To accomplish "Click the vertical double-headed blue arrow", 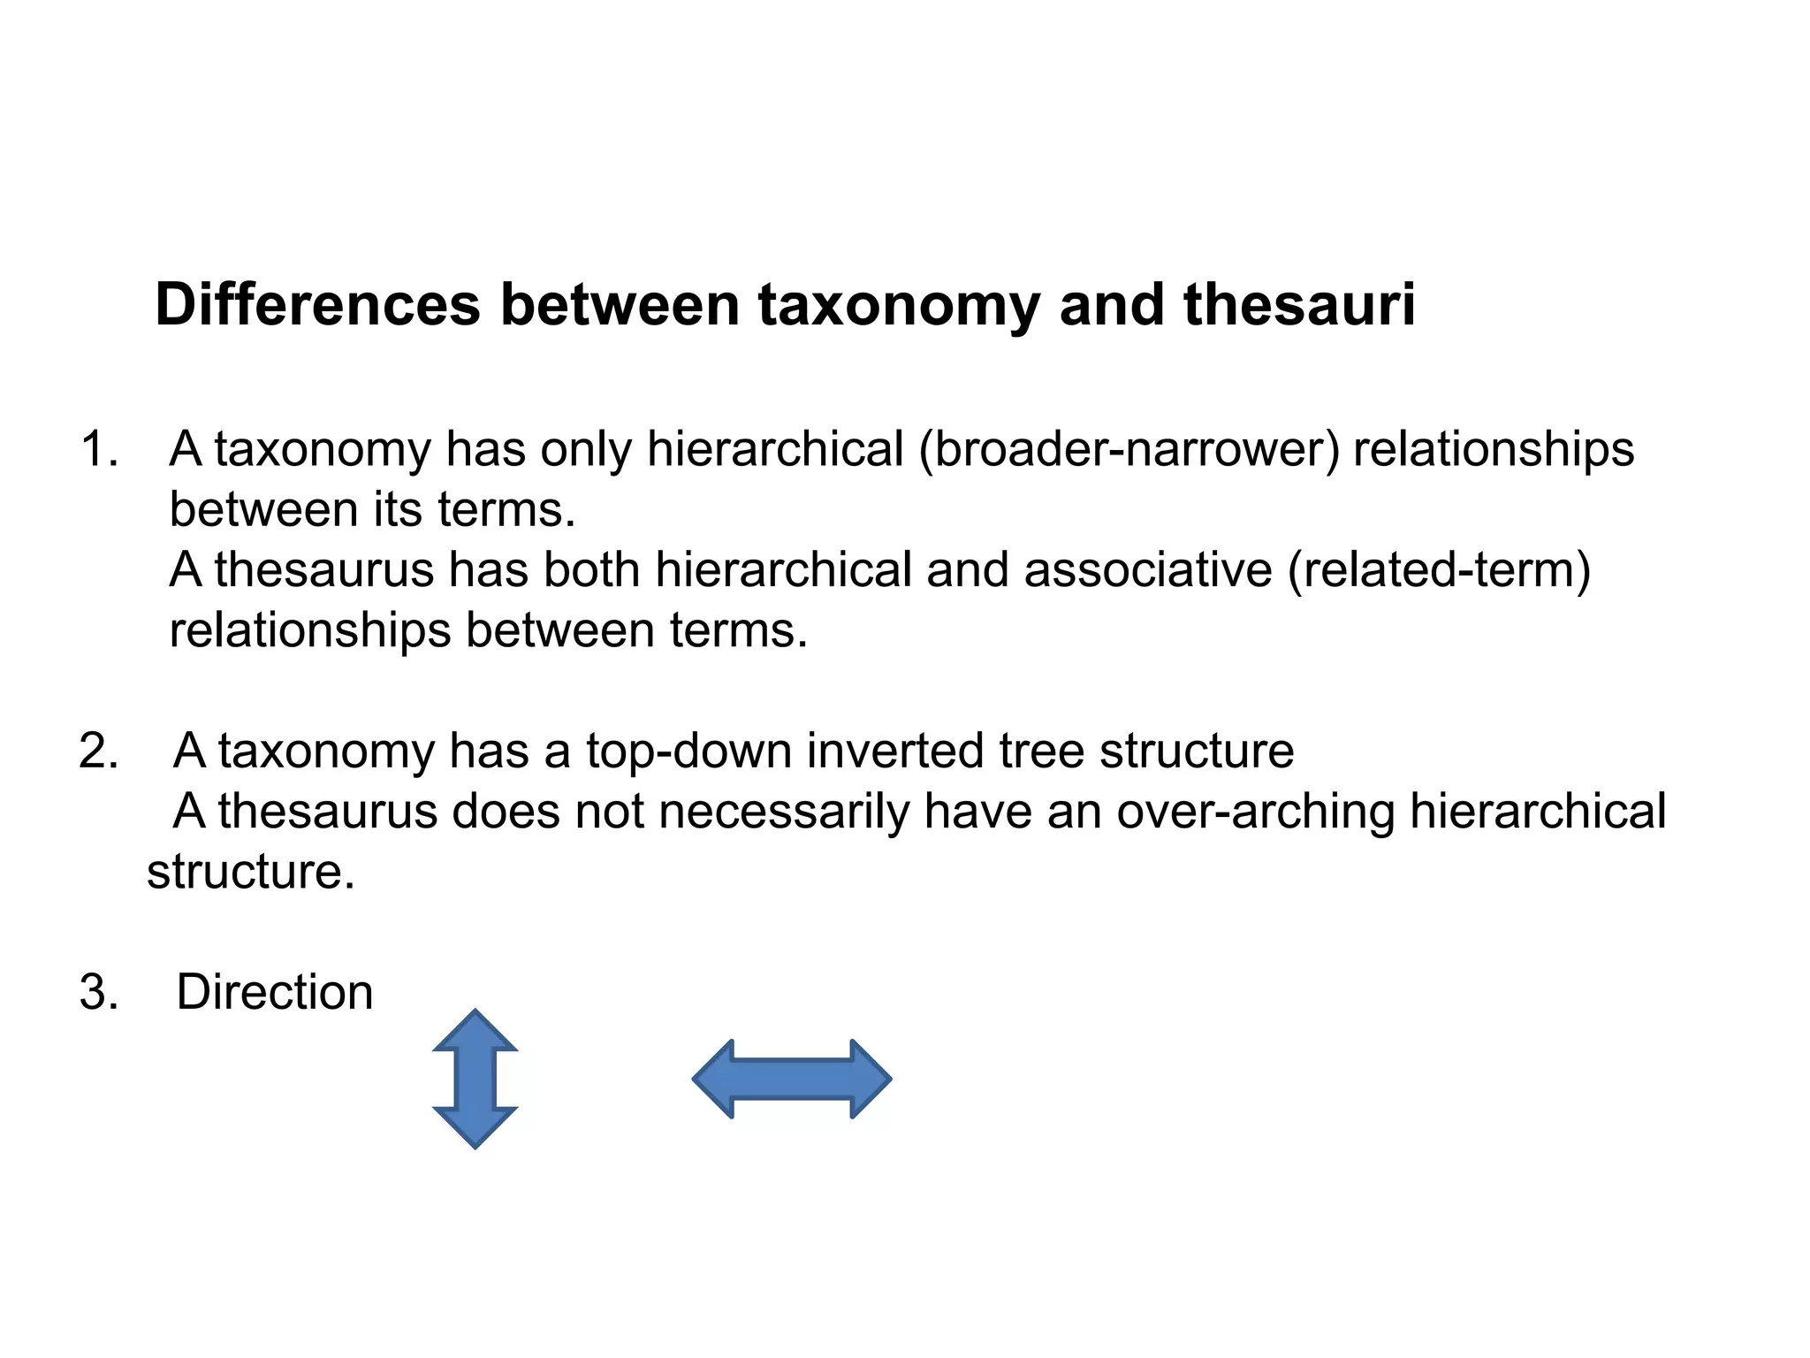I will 475,1078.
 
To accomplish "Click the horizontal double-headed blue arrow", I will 792,1079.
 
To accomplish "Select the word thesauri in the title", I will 1299,305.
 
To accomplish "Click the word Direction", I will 275,992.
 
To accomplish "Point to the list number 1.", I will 97,449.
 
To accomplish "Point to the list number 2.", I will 97,751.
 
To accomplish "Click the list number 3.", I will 97,992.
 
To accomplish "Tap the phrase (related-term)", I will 1439,570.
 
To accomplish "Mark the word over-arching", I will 1256,812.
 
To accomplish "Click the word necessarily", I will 784,812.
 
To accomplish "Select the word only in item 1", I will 586,449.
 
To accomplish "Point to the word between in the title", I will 620,305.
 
